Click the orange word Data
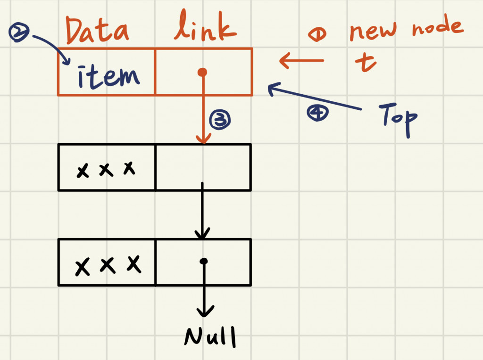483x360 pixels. [x=97, y=30]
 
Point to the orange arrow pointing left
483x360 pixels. [x=302, y=60]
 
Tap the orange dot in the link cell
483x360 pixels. [x=202, y=72]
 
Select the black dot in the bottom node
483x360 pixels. [x=203, y=261]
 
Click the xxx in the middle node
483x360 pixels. [x=106, y=169]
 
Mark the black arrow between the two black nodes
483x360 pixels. [x=202, y=212]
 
